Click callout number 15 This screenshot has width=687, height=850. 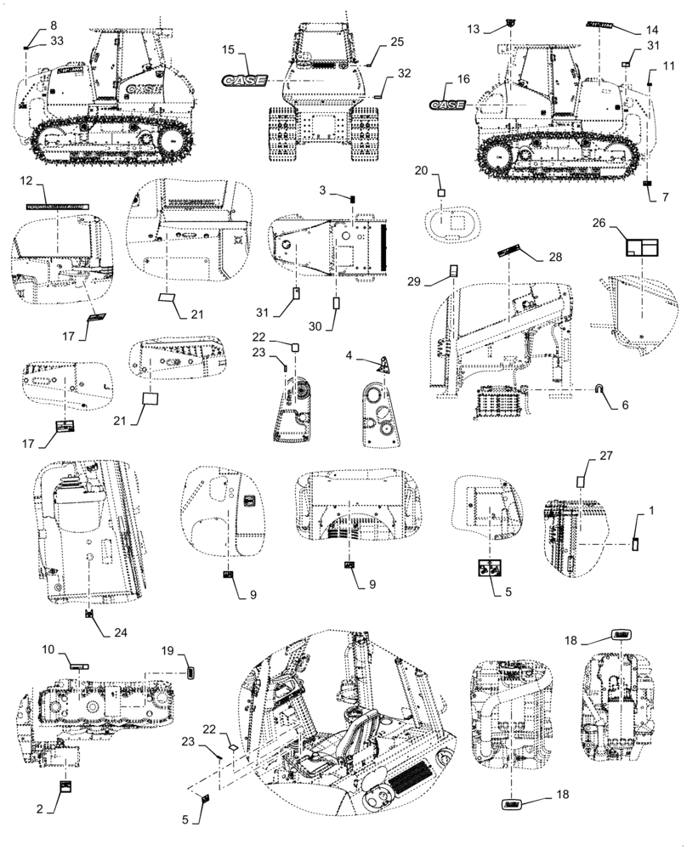pyautogui.click(x=228, y=51)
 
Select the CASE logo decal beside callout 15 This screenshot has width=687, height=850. pyautogui.click(x=245, y=80)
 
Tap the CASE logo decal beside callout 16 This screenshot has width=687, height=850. pyautogui.click(x=447, y=104)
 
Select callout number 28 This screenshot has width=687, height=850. pyautogui.click(x=555, y=257)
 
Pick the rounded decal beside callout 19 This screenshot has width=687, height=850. pyautogui.click(x=190, y=673)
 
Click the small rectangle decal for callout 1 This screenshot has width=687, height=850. pyautogui.click(x=634, y=544)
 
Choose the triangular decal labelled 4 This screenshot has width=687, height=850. pyautogui.click(x=386, y=364)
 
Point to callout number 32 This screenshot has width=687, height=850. pyautogui.click(x=403, y=73)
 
